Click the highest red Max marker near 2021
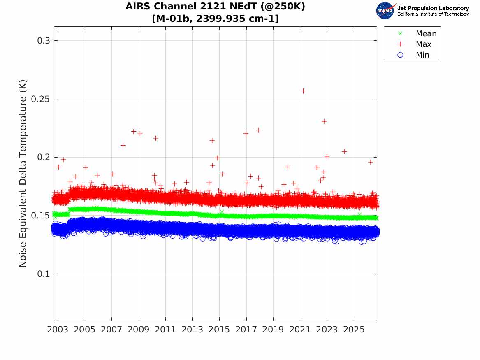303,91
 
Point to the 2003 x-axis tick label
58,330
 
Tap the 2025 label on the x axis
354,330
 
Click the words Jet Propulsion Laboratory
433,8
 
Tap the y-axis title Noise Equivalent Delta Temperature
23,174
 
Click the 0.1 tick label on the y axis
44,274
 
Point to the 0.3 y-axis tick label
44,41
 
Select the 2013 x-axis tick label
192,330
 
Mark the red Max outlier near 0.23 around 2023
324,121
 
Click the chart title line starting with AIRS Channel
215,7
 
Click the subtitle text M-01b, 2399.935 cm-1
215,19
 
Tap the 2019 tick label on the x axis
273,330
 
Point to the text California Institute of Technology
433,14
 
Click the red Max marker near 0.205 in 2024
344,151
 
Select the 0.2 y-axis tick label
44,157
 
